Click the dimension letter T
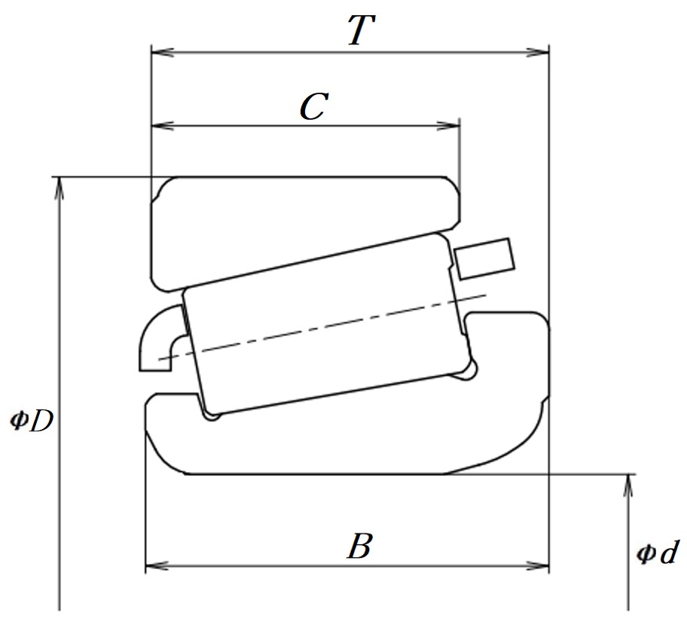[361, 30]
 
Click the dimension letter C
[313, 106]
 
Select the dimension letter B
[360, 546]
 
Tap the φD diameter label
[32, 420]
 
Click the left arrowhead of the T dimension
[162, 53]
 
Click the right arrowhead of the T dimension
[538, 53]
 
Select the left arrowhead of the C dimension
[162, 126]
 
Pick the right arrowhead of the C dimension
[449, 126]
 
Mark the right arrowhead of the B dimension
[538, 565]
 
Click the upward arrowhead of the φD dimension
[60, 188]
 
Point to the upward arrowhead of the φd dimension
[627, 486]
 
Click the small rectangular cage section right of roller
[484, 259]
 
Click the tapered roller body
[328, 323]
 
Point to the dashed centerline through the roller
[322, 326]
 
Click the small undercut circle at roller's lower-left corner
[212, 415]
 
